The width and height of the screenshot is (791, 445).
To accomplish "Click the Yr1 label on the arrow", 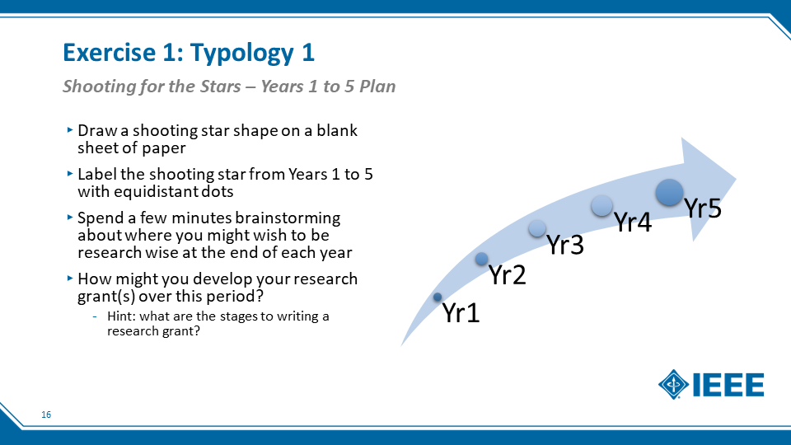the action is [x=461, y=313].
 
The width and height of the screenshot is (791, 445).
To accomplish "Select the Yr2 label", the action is [x=508, y=275].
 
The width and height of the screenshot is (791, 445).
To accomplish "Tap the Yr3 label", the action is [x=565, y=245].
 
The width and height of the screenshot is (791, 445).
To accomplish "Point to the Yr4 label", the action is [x=633, y=222].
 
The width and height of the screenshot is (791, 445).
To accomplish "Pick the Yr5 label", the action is [x=703, y=208].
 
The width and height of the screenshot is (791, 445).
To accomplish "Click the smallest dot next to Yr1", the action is [x=438, y=297].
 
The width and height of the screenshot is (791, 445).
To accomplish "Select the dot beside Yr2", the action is [x=482, y=259].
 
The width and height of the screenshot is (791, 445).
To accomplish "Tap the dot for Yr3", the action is [x=537, y=228].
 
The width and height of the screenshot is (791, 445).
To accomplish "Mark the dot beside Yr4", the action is [x=601, y=205].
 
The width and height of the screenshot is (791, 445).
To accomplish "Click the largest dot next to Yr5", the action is [x=669, y=192].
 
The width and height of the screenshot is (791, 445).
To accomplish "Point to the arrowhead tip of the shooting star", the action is [x=736, y=179].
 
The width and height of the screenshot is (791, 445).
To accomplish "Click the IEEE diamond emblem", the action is [x=673, y=385].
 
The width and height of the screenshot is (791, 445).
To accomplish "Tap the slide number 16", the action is [x=46, y=415].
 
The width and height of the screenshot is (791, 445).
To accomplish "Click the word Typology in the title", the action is [x=242, y=54].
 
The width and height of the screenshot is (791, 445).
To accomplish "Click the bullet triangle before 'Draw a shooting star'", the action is [x=70, y=129].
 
